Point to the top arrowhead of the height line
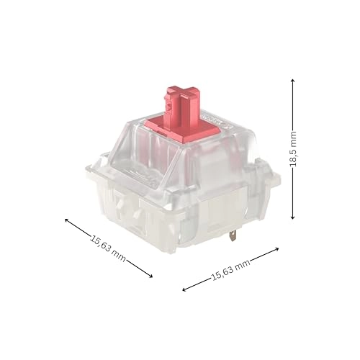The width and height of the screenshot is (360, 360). pos(293,81)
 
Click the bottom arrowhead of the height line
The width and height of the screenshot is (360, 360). pos(293,217)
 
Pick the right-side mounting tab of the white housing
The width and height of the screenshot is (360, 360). pos(272,181)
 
